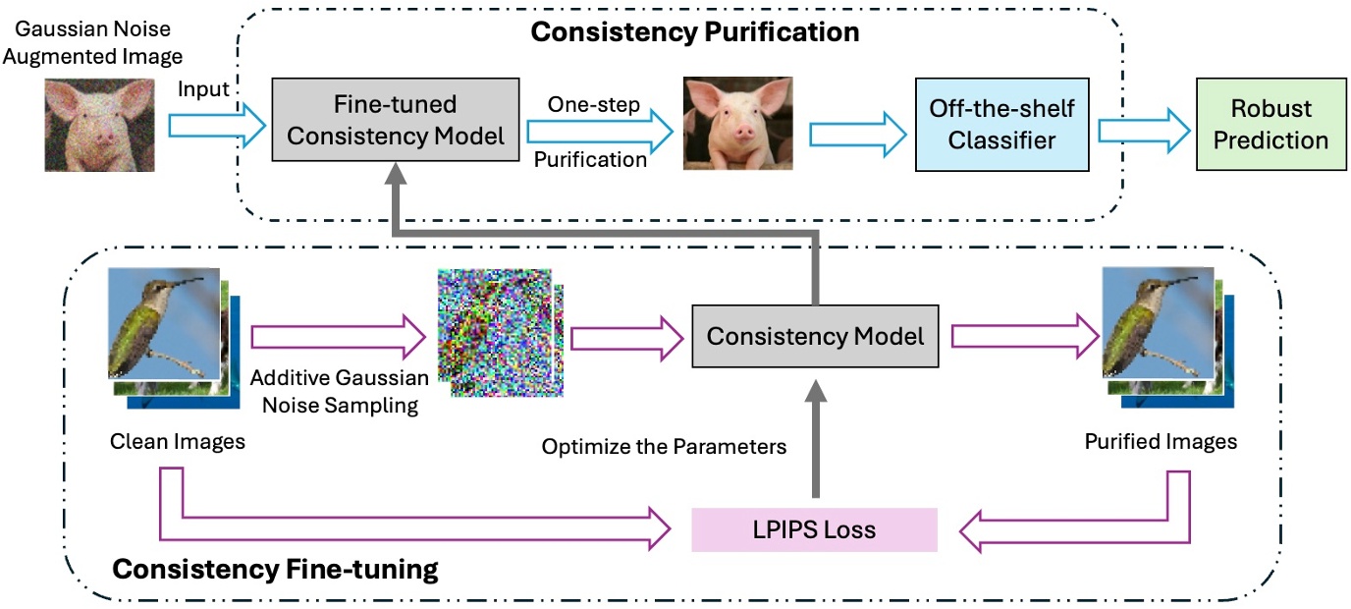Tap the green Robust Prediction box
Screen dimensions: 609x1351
(1270, 125)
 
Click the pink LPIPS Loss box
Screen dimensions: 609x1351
(815, 530)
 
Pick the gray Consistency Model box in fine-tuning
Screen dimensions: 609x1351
(815, 337)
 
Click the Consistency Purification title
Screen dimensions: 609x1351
(694, 31)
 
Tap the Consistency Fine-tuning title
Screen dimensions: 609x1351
(275, 569)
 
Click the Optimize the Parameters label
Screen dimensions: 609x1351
(664, 447)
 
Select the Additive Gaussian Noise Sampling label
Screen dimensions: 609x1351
(340, 391)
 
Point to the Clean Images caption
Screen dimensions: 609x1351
(177, 442)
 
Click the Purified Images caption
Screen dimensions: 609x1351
(1161, 442)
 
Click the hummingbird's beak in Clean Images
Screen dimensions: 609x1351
(192, 283)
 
